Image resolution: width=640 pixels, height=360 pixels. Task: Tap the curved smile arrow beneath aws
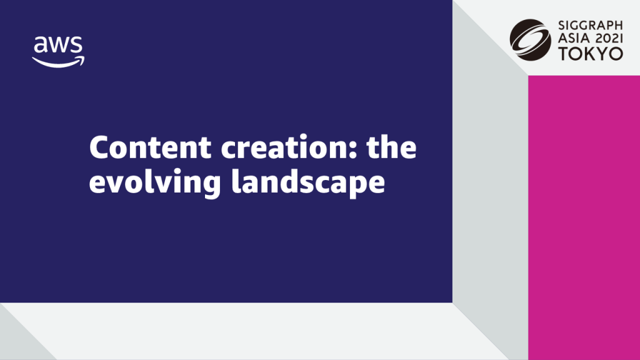59,61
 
